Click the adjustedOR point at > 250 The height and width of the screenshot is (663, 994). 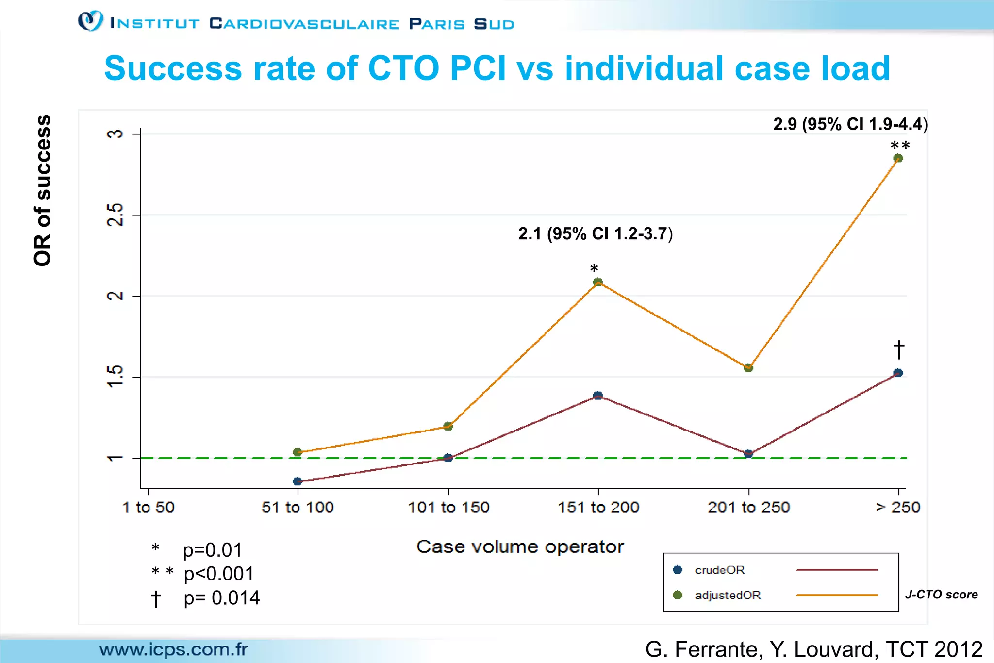898,158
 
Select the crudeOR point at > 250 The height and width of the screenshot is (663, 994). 898,373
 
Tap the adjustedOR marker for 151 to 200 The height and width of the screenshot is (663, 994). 598,282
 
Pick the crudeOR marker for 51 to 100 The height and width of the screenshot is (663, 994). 298,481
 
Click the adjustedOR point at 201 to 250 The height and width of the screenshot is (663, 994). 748,368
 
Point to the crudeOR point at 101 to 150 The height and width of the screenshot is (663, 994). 448,458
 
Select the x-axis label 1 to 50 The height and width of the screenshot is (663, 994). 148,507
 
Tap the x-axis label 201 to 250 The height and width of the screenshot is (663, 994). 748,507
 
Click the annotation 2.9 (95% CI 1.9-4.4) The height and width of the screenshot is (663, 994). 850,124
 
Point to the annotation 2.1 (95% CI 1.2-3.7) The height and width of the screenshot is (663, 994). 595,234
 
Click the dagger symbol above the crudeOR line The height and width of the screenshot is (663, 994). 898,349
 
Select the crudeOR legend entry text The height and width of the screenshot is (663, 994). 719,570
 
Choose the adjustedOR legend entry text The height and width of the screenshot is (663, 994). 728,595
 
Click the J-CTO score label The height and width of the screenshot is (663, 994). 941,595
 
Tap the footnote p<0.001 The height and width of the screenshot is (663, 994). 218,574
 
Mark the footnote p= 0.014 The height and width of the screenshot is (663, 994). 221,598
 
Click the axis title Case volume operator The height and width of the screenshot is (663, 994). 520,547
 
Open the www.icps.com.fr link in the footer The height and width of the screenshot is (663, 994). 173,649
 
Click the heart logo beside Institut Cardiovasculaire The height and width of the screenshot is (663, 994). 91,21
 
